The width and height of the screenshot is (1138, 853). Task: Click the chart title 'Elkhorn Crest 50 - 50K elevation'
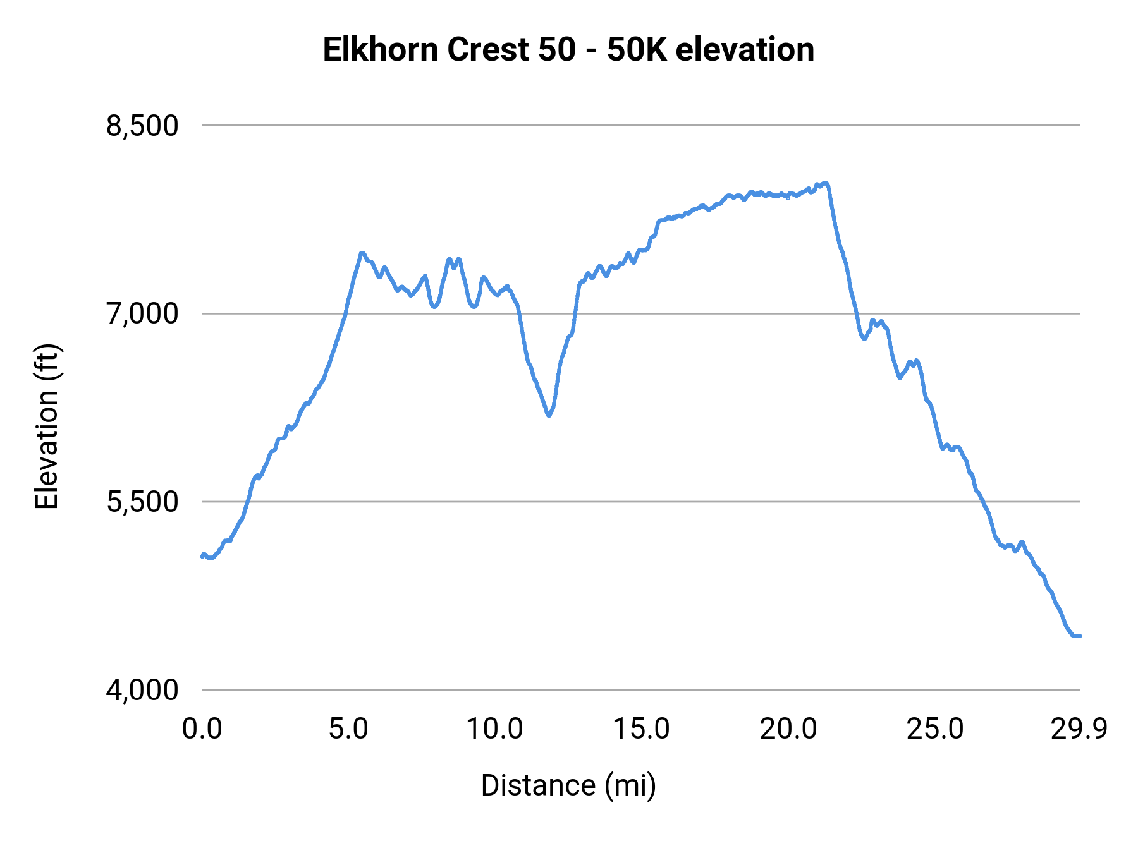pos(568,50)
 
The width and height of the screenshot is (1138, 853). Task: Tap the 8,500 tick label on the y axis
pos(143,126)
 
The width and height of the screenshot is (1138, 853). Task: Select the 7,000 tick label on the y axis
pos(143,313)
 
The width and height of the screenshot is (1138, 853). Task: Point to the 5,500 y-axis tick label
pos(143,502)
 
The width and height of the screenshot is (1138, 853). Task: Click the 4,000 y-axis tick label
pos(143,689)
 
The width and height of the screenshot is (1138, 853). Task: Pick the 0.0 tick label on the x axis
pos(202,729)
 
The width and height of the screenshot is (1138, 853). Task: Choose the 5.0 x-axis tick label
pos(348,729)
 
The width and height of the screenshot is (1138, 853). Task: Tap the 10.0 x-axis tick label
pos(495,729)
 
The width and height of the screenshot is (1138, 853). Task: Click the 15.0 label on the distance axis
pos(642,729)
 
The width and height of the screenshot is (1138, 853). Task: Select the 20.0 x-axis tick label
pos(788,729)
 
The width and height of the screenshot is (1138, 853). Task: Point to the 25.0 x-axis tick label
pos(935,729)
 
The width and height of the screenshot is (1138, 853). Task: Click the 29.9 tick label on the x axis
pos(1079,729)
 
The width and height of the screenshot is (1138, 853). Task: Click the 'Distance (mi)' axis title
pos(568,785)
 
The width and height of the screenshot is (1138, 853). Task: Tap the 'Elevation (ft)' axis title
pos(47,426)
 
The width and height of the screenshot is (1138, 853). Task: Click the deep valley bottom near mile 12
pos(549,415)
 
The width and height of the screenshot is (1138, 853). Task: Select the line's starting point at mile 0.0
pos(202,556)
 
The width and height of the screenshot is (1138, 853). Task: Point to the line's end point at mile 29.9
pos(1079,636)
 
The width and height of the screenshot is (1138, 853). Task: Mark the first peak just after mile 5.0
pos(362,253)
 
